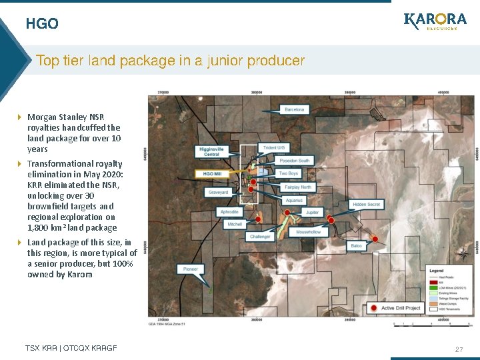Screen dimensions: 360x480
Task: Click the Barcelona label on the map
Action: [294, 109]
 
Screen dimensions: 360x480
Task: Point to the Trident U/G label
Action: [274, 148]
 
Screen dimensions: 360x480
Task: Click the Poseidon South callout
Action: [294, 161]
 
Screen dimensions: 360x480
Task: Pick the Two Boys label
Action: [288, 173]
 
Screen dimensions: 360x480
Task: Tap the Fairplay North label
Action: [297, 187]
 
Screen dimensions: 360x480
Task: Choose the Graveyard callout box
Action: [219, 192]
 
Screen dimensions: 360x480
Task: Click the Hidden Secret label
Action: [367, 204]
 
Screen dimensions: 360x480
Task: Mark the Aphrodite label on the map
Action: [229, 212]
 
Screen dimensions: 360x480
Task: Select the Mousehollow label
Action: [308, 231]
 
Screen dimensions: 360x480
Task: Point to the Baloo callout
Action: [356, 246]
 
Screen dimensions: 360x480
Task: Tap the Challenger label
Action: [261, 237]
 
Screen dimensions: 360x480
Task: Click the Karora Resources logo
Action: [435, 21]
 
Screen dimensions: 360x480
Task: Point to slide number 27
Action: [459, 349]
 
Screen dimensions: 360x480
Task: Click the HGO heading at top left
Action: [42, 24]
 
